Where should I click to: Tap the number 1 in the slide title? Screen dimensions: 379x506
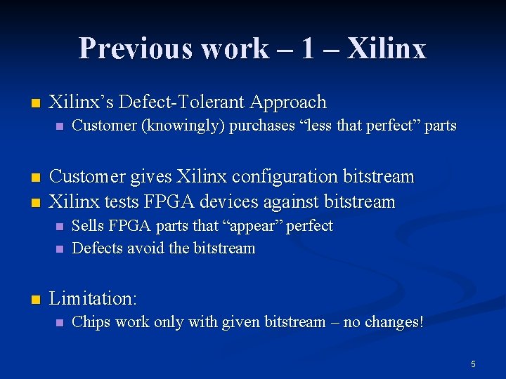pos(308,48)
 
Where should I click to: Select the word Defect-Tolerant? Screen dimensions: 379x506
pos(178,102)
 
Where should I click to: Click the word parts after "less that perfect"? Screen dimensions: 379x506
pos(441,126)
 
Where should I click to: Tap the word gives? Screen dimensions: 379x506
pos(146,176)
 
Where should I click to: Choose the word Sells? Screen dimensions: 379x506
pos(87,227)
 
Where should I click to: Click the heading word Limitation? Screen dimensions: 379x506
pos(93,299)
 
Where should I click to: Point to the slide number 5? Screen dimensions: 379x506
pos(473,364)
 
